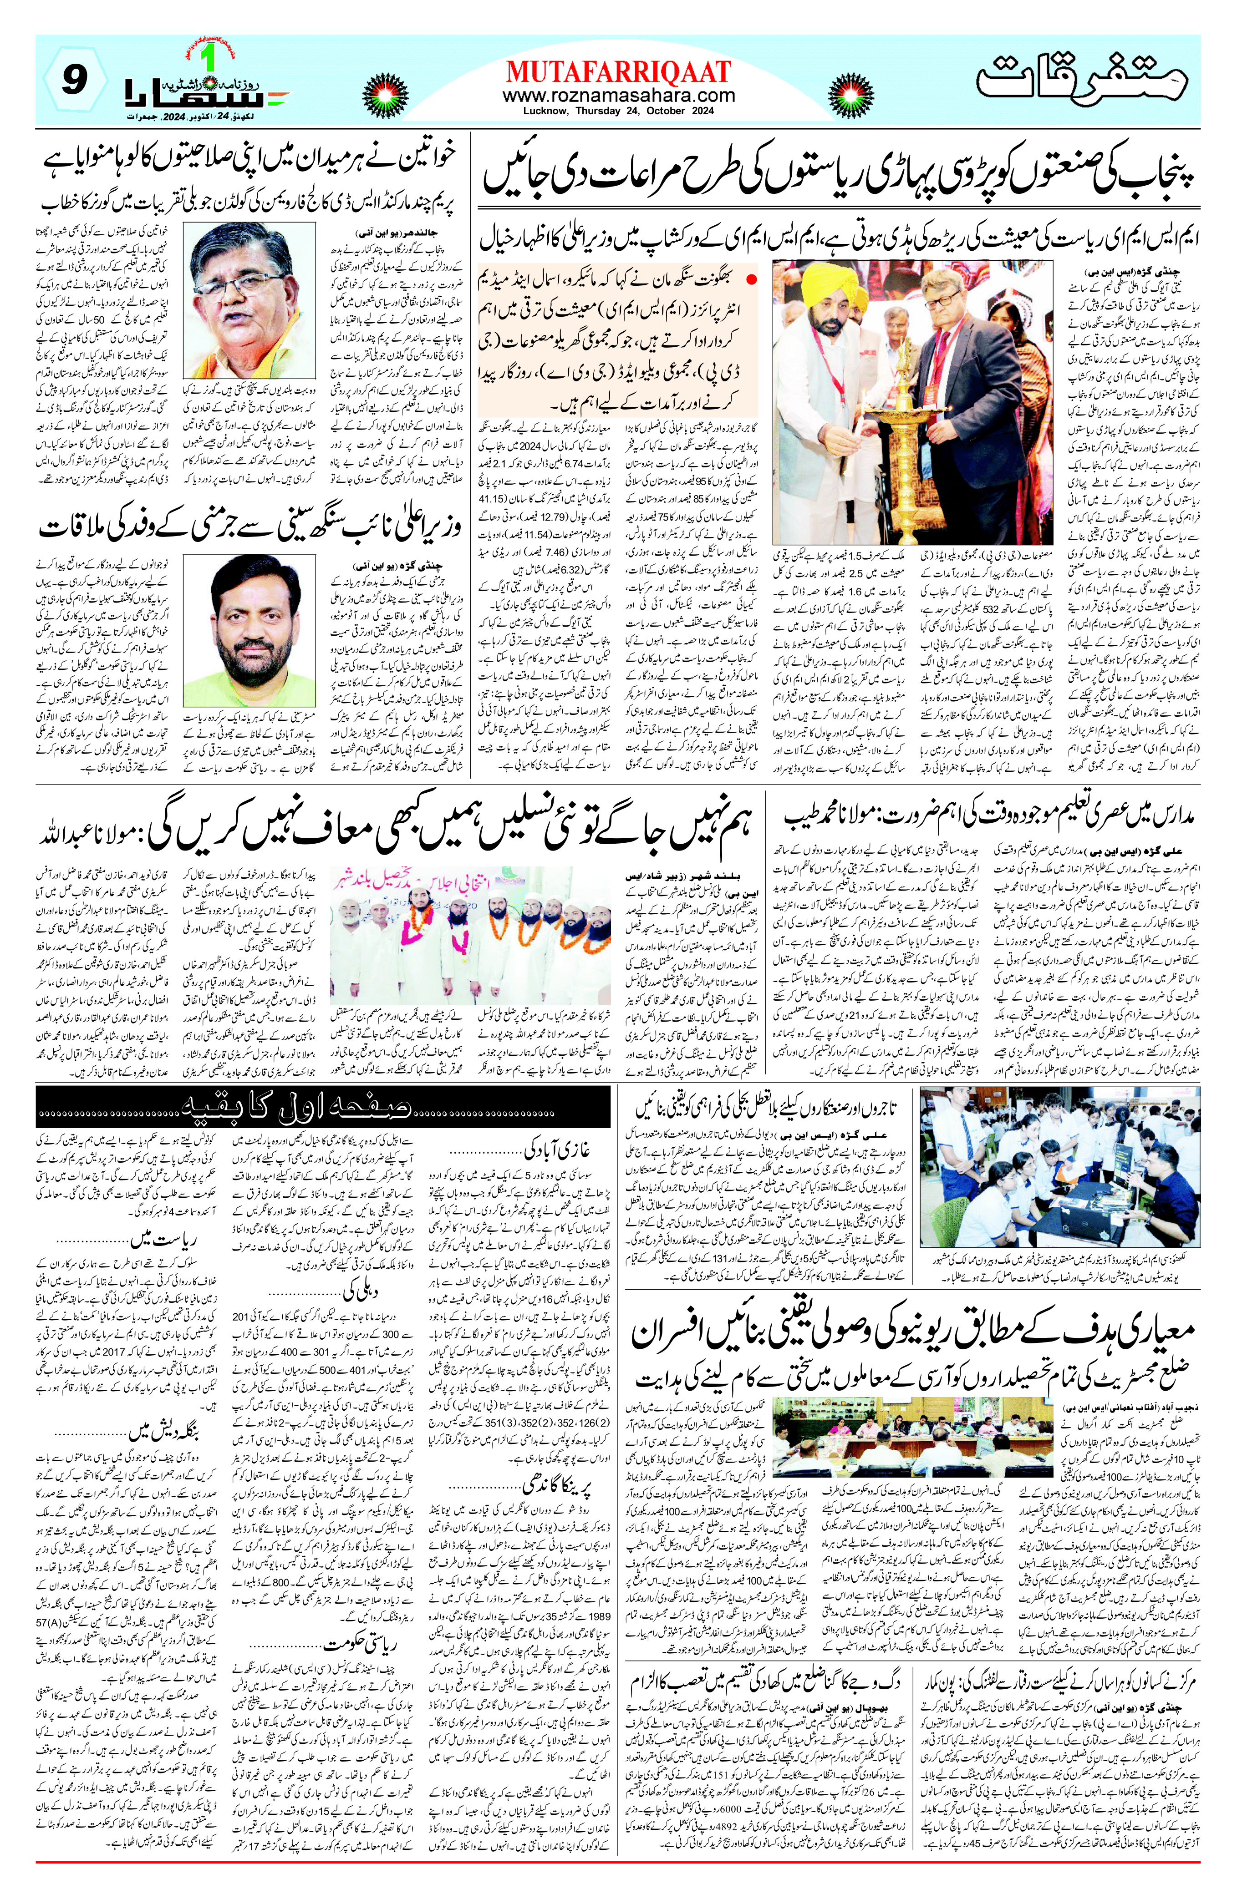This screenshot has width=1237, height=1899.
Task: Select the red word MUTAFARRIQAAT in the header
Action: [x=618, y=72]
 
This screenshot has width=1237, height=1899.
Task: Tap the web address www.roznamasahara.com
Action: [x=618, y=96]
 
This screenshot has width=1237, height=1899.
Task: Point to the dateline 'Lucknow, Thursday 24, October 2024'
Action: [x=618, y=111]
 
